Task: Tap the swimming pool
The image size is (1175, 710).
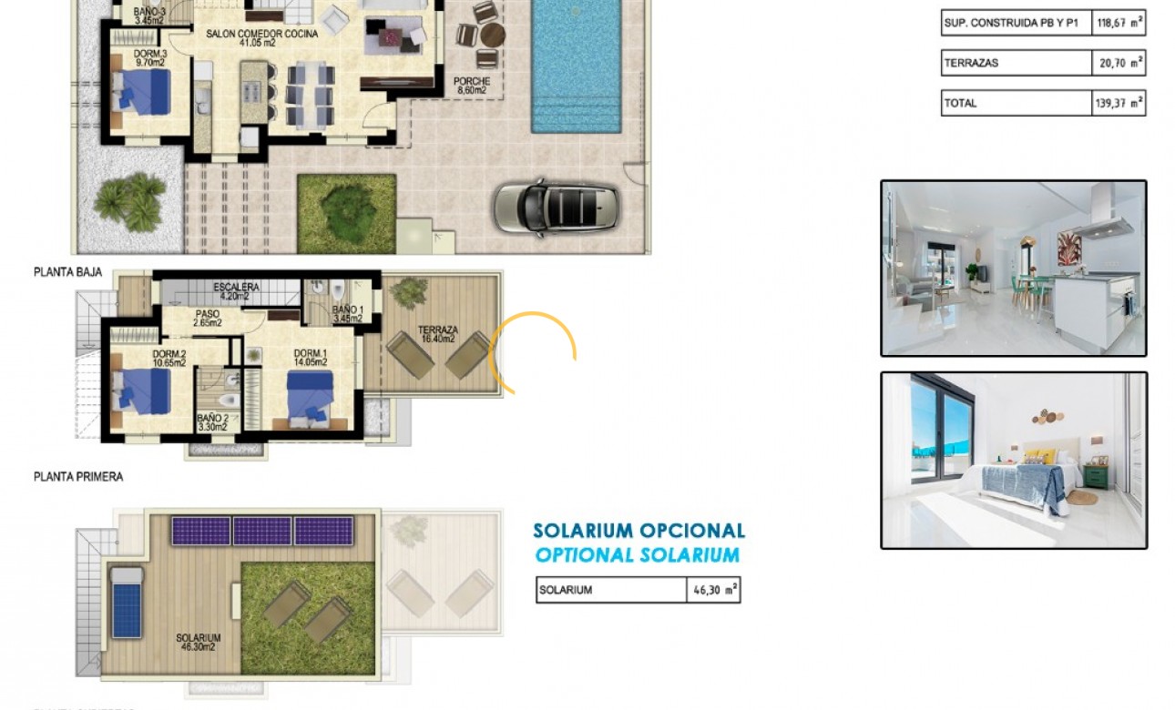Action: coord(576,64)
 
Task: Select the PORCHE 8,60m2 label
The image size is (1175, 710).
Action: coord(471,86)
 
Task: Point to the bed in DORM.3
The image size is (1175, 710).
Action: coord(142,92)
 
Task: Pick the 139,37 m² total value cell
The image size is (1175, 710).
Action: coord(1118,103)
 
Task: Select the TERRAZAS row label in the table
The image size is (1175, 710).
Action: coord(972,63)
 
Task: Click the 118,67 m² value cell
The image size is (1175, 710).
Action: coord(1118,23)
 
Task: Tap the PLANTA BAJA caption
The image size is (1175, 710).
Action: coord(68,271)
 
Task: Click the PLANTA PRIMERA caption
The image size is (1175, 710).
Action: coord(78,476)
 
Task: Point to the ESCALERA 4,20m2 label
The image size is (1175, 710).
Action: coord(237,290)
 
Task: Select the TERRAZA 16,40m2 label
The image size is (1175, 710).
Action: coord(438,334)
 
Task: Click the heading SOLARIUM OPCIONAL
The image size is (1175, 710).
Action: coord(639,531)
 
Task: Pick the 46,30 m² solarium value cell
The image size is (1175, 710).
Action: coord(714,590)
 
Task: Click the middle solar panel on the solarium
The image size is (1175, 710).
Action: coord(262,531)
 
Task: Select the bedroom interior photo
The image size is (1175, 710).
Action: coord(1013,460)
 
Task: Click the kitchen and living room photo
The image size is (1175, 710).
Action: coord(1013,268)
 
